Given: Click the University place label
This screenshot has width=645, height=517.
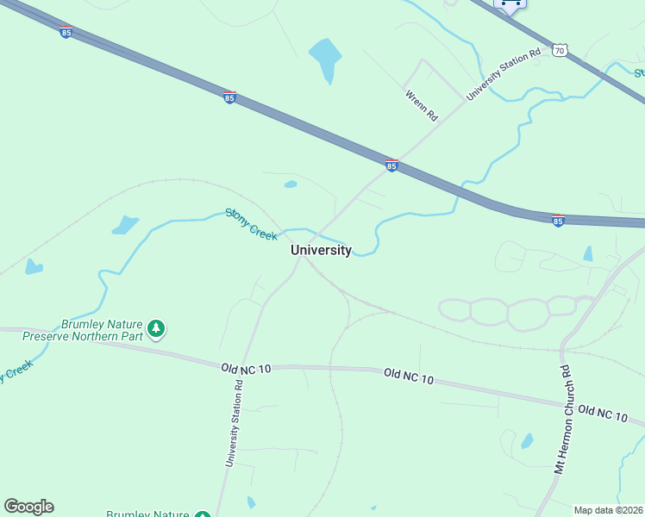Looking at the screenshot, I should point(321,250).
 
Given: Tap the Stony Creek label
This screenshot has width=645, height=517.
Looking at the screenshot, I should point(251,223).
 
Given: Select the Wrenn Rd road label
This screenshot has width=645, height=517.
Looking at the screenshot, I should point(422,104).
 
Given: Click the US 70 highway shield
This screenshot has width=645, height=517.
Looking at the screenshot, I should point(560,51).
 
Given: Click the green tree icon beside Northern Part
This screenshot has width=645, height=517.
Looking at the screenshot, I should point(156,328).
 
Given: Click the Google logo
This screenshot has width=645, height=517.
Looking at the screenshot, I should point(28,507).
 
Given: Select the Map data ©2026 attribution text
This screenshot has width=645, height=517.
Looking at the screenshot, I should point(608,510).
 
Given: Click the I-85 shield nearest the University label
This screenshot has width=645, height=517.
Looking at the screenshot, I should point(391,165).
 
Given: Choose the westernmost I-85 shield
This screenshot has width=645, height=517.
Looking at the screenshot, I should point(66,32).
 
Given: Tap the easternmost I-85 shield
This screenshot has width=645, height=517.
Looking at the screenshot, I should point(558,221).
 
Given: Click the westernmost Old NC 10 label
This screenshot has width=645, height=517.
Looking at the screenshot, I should point(246,368).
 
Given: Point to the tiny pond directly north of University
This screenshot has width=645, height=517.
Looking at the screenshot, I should point(291,184).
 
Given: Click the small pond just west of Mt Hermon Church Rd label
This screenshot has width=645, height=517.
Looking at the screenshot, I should point(527,441).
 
